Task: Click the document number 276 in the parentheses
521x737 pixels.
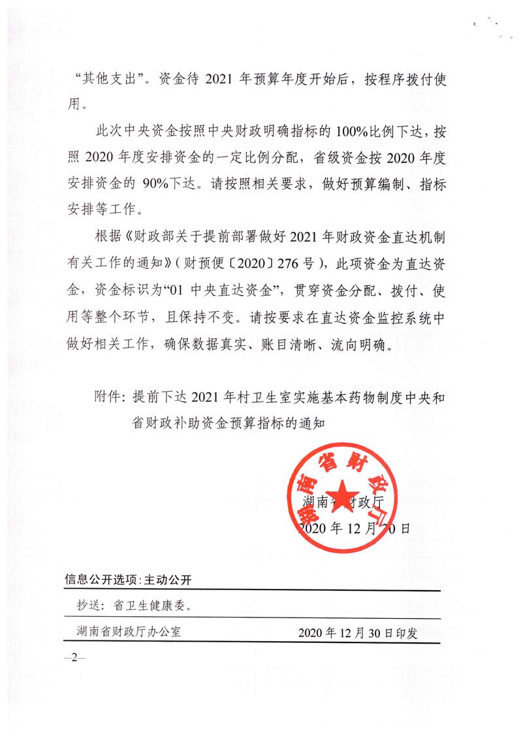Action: [x=291, y=263]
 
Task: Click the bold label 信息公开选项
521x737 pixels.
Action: [x=101, y=580]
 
